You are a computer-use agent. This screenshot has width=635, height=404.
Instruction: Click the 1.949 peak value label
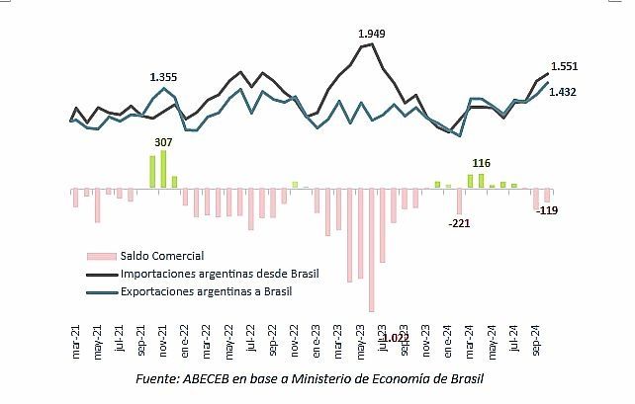[372, 34]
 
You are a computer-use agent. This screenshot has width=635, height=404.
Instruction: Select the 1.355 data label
[163, 77]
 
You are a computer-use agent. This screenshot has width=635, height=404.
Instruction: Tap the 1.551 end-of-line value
[564, 67]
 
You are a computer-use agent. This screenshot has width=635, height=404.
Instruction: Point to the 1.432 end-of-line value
[564, 92]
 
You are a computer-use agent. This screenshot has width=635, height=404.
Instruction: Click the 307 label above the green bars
[163, 141]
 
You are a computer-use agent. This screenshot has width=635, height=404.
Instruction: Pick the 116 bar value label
[482, 163]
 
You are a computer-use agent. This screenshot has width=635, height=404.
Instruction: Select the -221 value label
[459, 224]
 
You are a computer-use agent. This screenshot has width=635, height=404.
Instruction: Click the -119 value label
[547, 210]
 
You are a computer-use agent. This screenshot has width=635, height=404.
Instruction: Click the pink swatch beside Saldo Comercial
[102, 256]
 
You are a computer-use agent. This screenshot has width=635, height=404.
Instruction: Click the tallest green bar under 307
[163, 169]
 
